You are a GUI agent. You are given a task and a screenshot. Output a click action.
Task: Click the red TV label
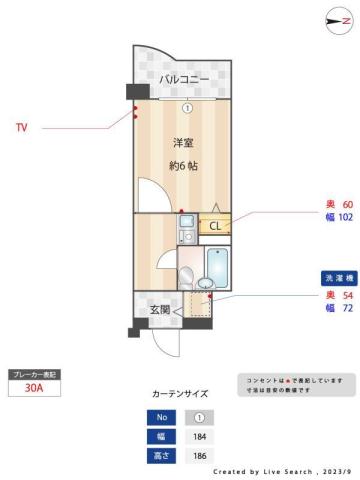[x=22, y=128]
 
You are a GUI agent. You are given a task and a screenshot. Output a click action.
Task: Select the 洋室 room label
[x=183, y=143]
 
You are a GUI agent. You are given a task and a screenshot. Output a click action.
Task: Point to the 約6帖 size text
[x=183, y=165]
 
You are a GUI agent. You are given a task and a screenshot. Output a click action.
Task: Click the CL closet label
[x=214, y=226]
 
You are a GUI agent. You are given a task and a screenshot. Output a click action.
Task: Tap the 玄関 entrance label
[x=160, y=310]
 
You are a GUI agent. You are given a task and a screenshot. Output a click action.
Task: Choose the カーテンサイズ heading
[x=181, y=394]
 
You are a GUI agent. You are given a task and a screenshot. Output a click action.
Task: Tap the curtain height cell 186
[x=199, y=455]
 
